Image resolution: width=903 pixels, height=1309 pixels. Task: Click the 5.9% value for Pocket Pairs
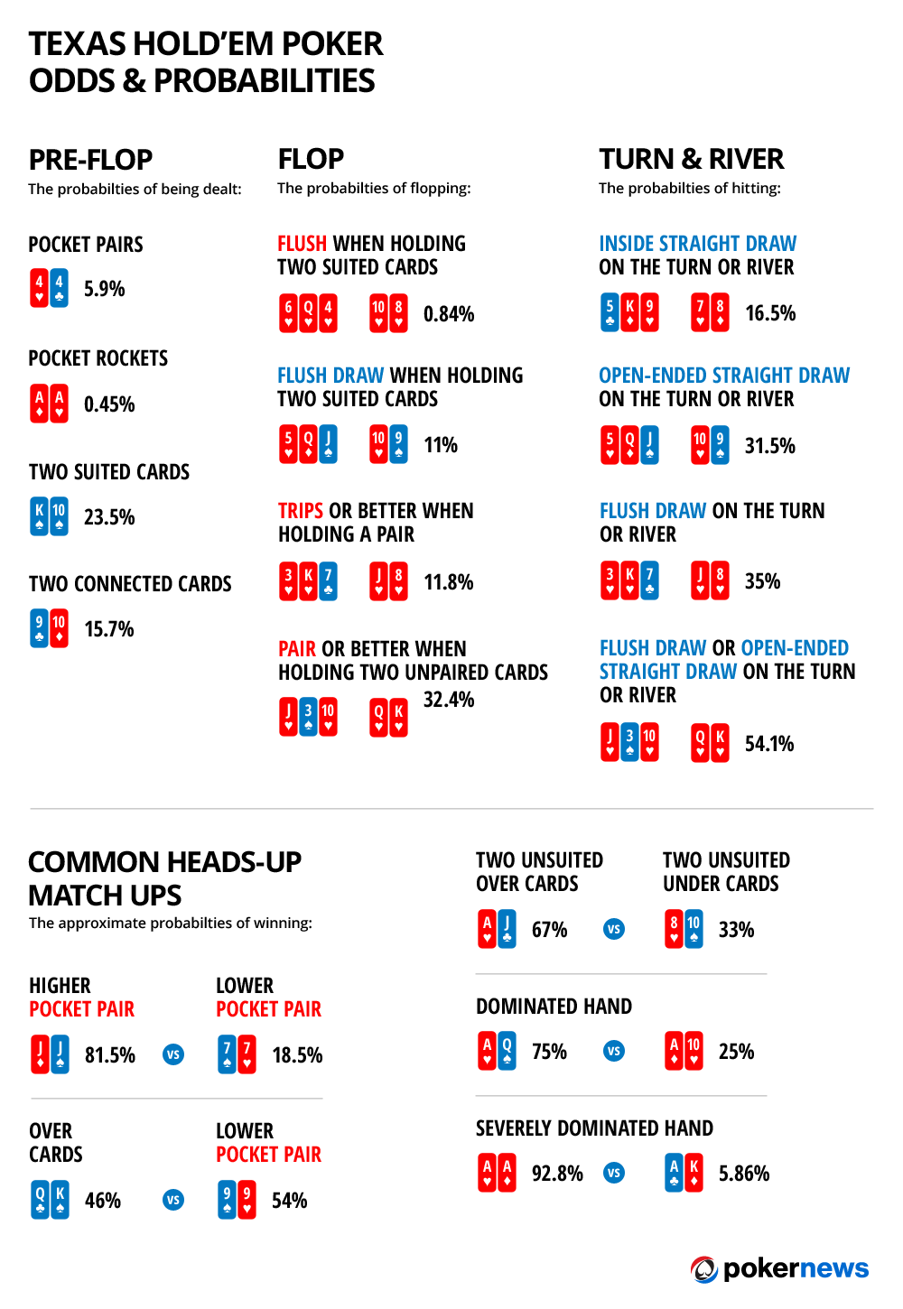pos(104,289)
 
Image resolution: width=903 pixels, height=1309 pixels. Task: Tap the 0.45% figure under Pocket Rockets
pos(109,404)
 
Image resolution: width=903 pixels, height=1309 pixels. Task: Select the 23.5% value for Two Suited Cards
pos(109,517)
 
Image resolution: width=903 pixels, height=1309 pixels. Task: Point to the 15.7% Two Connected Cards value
pos(109,629)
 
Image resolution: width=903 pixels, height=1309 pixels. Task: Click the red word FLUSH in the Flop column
pos(302,244)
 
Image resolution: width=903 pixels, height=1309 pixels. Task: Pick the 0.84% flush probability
pos(449,314)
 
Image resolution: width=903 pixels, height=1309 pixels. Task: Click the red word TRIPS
pos(301,511)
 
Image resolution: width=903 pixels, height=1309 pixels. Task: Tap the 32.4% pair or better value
pos(449,700)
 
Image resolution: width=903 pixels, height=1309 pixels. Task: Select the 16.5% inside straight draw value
pos(770,313)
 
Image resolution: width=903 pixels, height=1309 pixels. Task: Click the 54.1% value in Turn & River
pos(769,744)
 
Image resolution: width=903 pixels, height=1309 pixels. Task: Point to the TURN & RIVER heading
pos(691,159)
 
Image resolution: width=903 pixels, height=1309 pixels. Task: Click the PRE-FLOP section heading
pos(90,160)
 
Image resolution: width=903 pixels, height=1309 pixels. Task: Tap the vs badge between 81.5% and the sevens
pos(173,1054)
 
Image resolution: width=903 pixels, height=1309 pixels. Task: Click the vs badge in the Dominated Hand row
pos(614,1051)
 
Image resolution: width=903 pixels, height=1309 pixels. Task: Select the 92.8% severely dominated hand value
pos(557,1174)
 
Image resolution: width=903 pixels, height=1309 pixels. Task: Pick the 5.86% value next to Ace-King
pos(744,1174)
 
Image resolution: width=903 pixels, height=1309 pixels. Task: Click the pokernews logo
pos(780,1268)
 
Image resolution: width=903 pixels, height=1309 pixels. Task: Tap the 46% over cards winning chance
pos(103,1201)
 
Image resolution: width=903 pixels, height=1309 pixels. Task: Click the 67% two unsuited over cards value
pos(549,930)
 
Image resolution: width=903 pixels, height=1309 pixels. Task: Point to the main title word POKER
pos(332,43)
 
